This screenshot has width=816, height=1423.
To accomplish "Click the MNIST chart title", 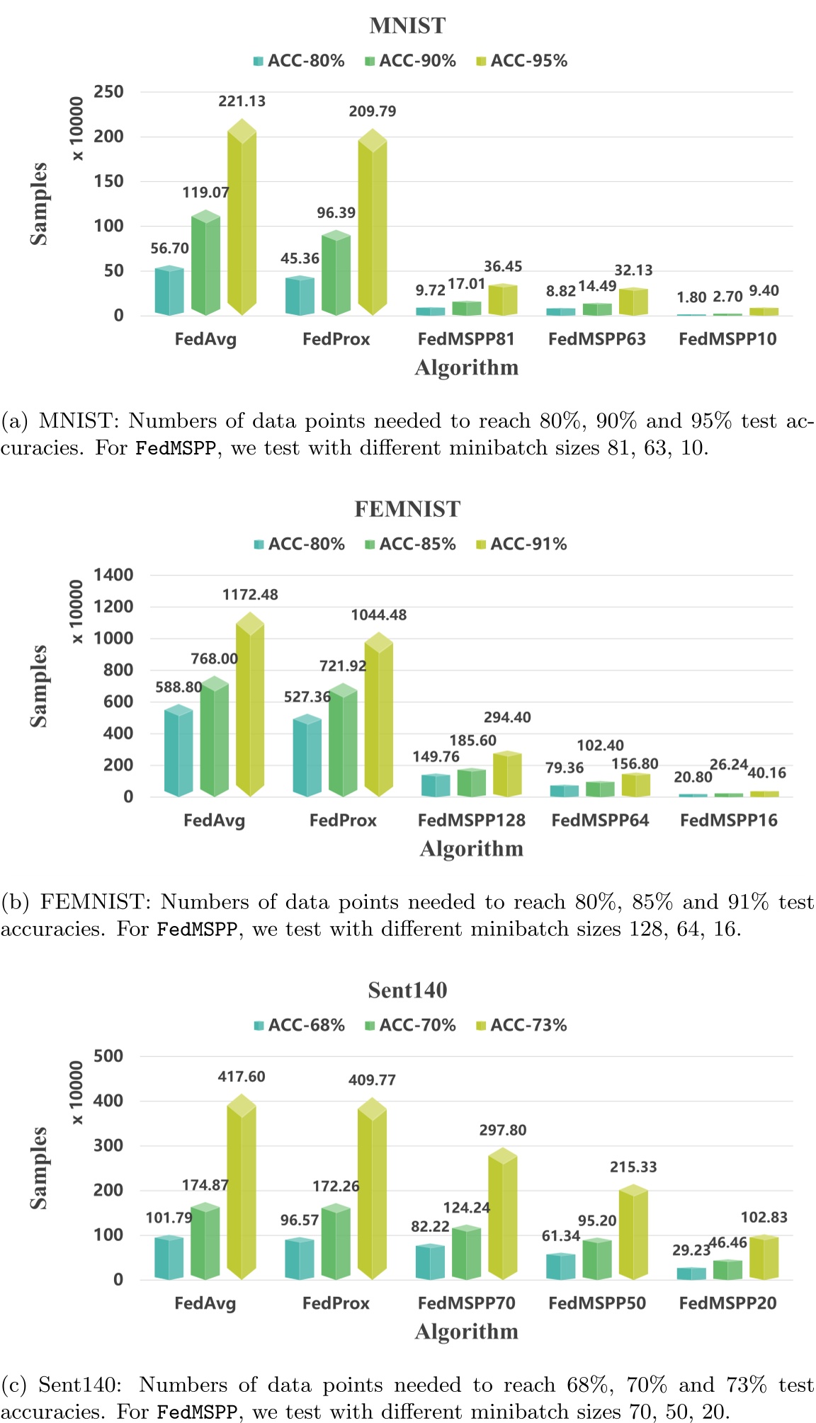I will [407, 25].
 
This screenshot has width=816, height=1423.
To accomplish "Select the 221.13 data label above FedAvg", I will [242, 101].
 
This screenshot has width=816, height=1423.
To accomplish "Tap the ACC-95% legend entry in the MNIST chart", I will [522, 61].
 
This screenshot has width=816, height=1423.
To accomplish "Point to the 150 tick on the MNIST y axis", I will [109, 181].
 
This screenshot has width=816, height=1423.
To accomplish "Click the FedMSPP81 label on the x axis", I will [466, 339].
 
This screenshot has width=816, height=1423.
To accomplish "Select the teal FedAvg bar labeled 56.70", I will [169, 291].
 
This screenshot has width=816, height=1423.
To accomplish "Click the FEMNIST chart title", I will [407, 509].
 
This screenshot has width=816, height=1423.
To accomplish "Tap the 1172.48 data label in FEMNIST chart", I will [250, 595].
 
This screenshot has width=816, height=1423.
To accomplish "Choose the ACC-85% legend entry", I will [411, 544].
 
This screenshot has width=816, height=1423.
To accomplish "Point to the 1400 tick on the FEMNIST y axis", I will [113, 575].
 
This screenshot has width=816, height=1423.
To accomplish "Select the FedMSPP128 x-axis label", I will [471, 821].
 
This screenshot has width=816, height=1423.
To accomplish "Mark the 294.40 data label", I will [507, 717].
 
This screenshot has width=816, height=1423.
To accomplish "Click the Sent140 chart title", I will [407, 990].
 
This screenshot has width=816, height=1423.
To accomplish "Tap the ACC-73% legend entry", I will [522, 1025].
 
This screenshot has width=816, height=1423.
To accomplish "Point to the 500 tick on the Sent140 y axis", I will [109, 1056].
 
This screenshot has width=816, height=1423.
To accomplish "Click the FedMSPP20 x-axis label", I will [727, 1303].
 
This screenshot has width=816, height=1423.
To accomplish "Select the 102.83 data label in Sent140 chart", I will [764, 1217].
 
